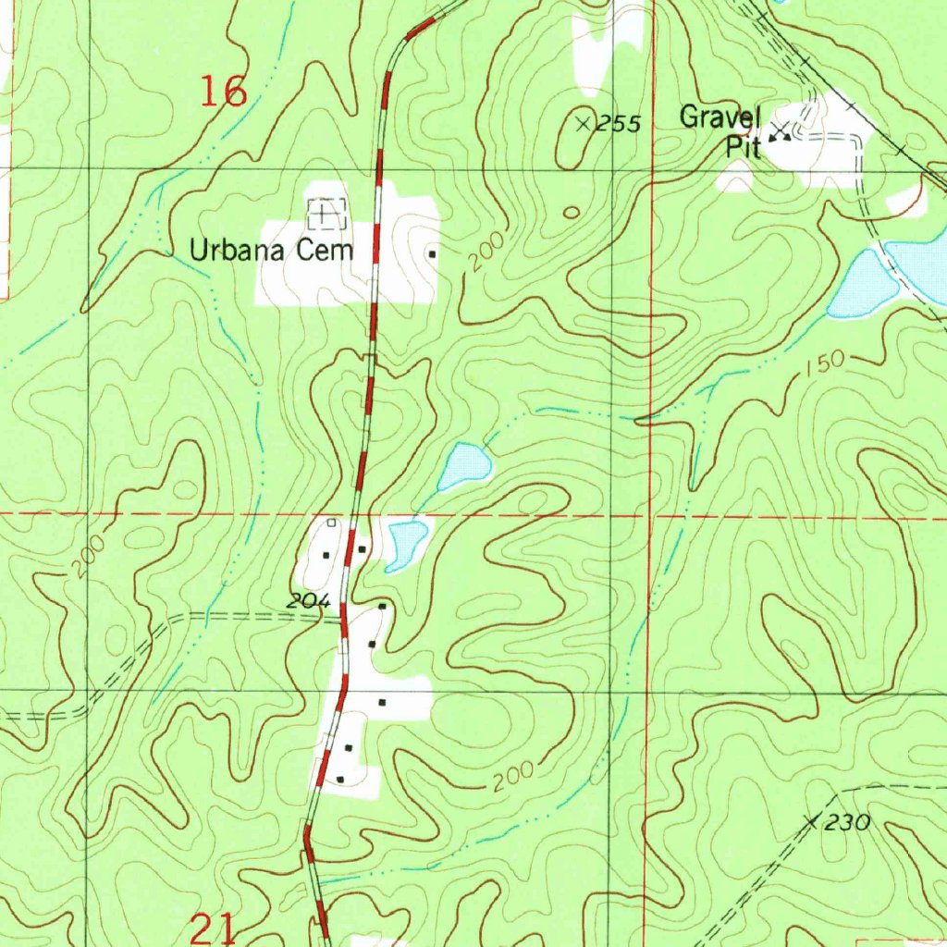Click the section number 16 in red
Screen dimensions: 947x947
tap(224, 92)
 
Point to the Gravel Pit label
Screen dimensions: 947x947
tap(720, 130)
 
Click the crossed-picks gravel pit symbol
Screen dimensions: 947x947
tap(781, 132)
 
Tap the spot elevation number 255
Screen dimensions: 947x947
tap(618, 124)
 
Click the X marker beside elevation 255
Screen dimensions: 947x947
tap(584, 123)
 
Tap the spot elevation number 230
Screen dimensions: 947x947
tap(848, 822)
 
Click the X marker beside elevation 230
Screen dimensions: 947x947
tap(813, 820)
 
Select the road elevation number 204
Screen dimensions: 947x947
tap(308, 601)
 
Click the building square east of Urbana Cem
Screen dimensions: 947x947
tap(432, 252)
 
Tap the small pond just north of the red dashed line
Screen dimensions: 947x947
tap(463, 465)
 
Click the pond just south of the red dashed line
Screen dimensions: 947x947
tap(407, 543)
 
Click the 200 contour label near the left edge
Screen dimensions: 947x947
tap(87, 555)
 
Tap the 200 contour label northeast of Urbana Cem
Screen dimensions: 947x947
tap(486, 252)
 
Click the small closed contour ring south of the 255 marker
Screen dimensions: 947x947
tap(572, 213)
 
